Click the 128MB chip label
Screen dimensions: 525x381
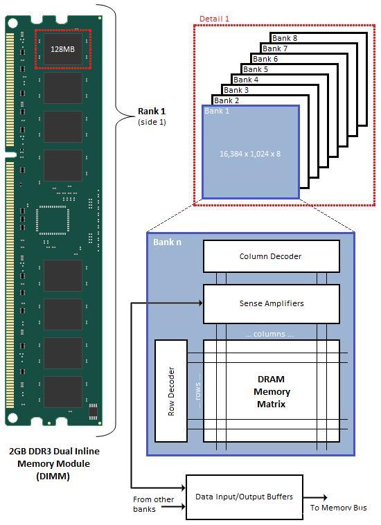62,49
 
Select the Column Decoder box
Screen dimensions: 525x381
271,256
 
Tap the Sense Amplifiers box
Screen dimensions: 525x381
271,303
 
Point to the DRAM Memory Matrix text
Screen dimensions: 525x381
271,391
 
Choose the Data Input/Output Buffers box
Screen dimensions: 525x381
244,497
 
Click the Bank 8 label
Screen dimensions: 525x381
285,38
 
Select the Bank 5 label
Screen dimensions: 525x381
256,69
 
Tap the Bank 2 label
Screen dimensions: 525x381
227,100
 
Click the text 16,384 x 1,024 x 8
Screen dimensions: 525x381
250,153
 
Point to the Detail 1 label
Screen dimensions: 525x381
214,18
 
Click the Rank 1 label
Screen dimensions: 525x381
152,111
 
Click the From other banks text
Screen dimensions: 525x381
153,504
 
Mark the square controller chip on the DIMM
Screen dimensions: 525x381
53,222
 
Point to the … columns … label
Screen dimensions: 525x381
269,334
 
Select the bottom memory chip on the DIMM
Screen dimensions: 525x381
62,392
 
